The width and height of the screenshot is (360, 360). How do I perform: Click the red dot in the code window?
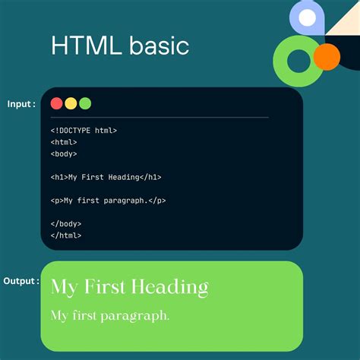pyautogui.click(x=56, y=103)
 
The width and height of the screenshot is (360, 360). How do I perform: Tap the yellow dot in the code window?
pyautogui.click(x=71, y=103)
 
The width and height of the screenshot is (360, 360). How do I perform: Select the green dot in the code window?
pyautogui.click(x=85, y=103)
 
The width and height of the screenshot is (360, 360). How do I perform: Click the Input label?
pyautogui.click(x=21, y=104)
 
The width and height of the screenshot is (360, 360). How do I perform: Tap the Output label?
pyautogui.click(x=21, y=281)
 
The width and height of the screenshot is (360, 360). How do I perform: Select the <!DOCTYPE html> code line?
pyautogui.click(x=84, y=130)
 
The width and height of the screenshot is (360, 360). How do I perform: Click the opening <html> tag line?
pyautogui.click(x=64, y=142)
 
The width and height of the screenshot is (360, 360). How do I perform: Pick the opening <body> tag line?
pyautogui.click(x=64, y=153)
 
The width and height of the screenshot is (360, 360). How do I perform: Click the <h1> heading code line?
pyautogui.click(x=106, y=177)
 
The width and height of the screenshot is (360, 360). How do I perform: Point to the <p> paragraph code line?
pyautogui.click(x=108, y=201)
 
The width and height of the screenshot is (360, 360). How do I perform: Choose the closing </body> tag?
pyautogui.click(x=66, y=224)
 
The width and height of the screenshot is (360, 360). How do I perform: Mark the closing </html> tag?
pyautogui.click(x=66, y=235)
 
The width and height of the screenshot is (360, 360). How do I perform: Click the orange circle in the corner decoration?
pyautogui.click(x=327, y=56)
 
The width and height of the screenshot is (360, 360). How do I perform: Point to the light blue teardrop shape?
pyautogui.click(x=307, y=18)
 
